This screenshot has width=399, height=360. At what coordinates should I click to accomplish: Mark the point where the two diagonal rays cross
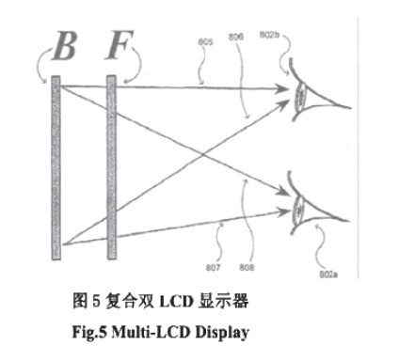[202, 149]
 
